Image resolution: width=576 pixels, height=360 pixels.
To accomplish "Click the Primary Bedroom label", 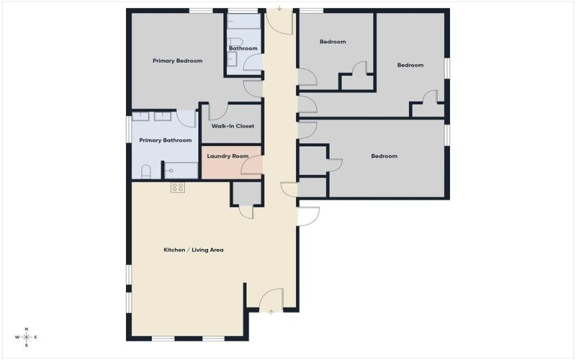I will pyautogui.click(x=177, y=61).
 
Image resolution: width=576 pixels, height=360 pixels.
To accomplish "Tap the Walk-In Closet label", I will pyautogui.click(x=233, y=126).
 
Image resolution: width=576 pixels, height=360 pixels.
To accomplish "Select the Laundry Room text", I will pyautogui.click(x=228, y=156).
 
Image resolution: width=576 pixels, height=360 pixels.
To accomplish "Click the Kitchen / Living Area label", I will pyautogui.click(x=193, y=250).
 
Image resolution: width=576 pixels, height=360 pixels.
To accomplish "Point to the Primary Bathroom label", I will pyautogui.click(x=166, y=140).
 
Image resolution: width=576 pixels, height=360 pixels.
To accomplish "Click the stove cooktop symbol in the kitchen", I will pyautogui.click(x=178, y=187).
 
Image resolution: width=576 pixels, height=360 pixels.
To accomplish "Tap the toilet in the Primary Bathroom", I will pyautogui.click(x=146, y=171).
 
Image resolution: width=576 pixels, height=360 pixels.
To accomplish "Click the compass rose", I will pyautogui.click(x=27, y=336).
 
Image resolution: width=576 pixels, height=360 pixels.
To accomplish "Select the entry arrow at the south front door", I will pyautogui.click(x=271, y=312).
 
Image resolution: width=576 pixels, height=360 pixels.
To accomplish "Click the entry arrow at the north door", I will pyautogui.click(x=279, y=10).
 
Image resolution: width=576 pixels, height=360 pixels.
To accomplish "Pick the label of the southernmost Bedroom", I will pyautogui.click(x=384, y=156).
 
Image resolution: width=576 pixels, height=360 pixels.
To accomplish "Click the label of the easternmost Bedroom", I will pyautogui.click(x=410, y=66).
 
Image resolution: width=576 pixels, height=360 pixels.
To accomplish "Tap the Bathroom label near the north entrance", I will pyautogui.click(x=243, y=48).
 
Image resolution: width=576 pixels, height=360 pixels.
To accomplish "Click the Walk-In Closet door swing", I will pyautogui.click(x=217, y=112).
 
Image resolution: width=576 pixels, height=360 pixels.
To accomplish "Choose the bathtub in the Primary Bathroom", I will pyautogui.click(x=181, y=171).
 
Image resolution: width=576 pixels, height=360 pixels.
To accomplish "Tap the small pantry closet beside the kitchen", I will pyautogui.click(x=246, y=194).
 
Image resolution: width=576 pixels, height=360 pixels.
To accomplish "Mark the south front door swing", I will pyautogui.click(x=271, y=297).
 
